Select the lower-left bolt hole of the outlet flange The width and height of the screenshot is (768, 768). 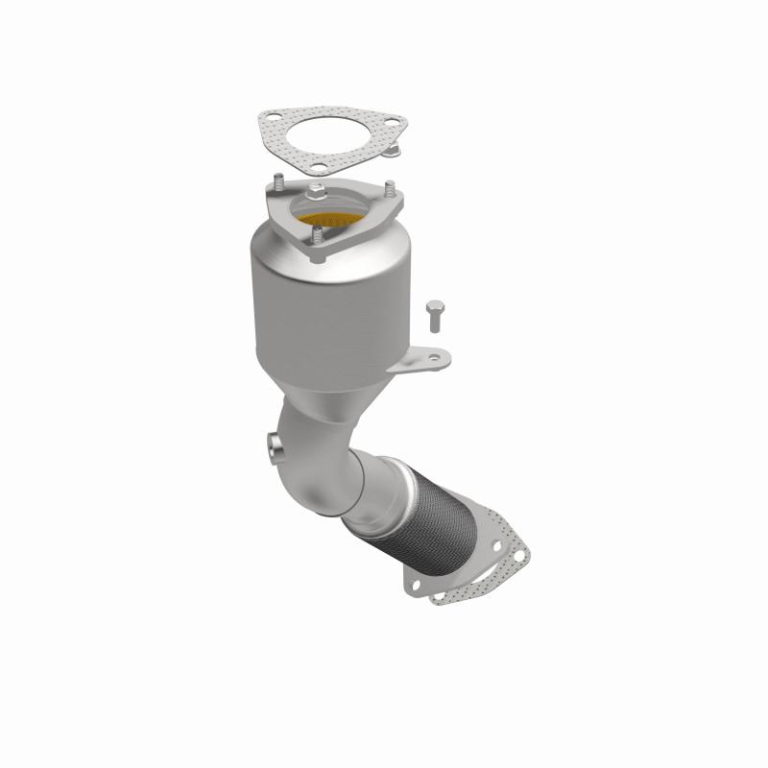coord(416,586)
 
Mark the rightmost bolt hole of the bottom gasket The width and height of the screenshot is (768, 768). coord(521,554)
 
